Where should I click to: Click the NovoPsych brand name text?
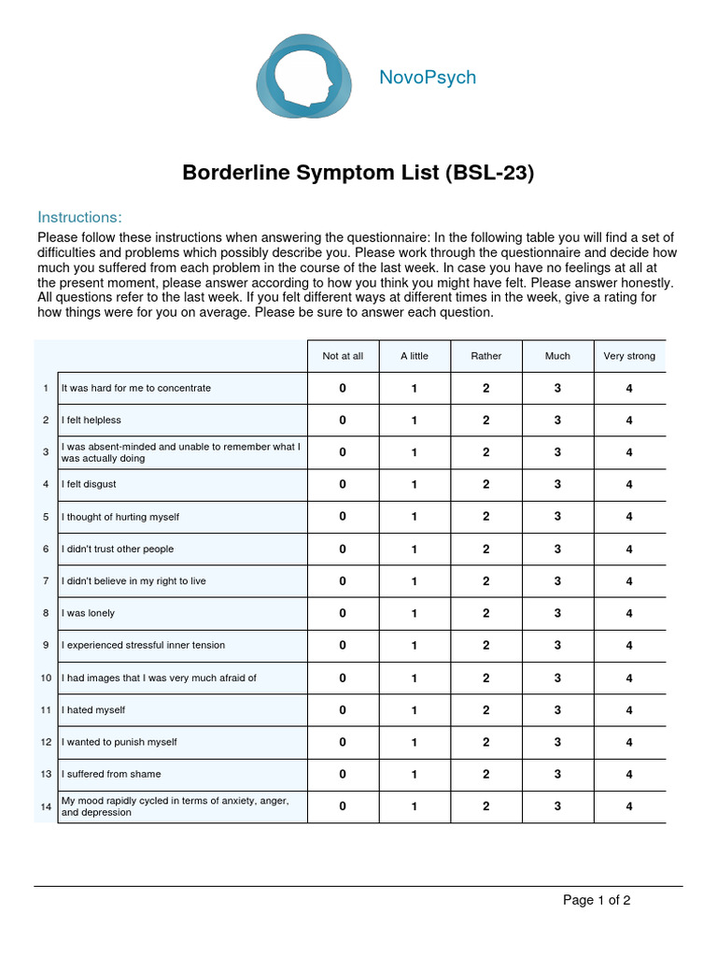(x=428, y=78)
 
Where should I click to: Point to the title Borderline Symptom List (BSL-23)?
(x=358, y=173)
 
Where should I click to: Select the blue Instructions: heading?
(x=79, y=218)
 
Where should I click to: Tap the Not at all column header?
(x=343, y=356)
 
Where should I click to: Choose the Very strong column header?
(x=629, y=356)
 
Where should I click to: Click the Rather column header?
(x=486, y=356)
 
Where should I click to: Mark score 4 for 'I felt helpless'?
(x=629, y=421)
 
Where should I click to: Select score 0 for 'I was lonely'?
(x=343, y=613)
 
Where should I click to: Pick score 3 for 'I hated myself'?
(x=557, y=710)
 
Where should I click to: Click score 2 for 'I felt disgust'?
(x=486, y=484)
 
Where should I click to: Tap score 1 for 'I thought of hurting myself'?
(x=415, y=517)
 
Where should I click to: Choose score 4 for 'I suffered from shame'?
(x=629, y=774)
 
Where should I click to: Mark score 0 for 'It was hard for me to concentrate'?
(x=343, y=388)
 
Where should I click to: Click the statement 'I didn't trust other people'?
(x=118, y=549)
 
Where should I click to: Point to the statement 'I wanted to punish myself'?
(x=119, y=742)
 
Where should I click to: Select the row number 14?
(x=46, y=807)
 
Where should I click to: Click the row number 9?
(x=46, y=645)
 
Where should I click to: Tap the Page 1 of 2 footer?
(x=597, y=901)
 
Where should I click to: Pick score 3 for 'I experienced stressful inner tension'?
(x=557, y=645)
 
